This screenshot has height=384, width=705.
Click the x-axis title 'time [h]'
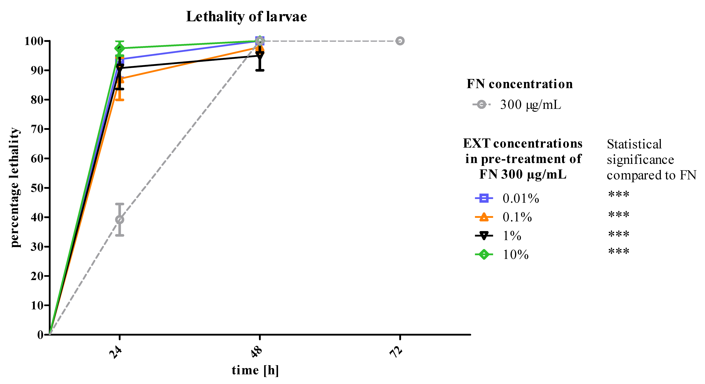coord(255,370)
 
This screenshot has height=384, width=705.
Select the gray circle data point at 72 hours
coord(400,41)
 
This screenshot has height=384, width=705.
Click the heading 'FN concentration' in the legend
coord(519,84)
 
